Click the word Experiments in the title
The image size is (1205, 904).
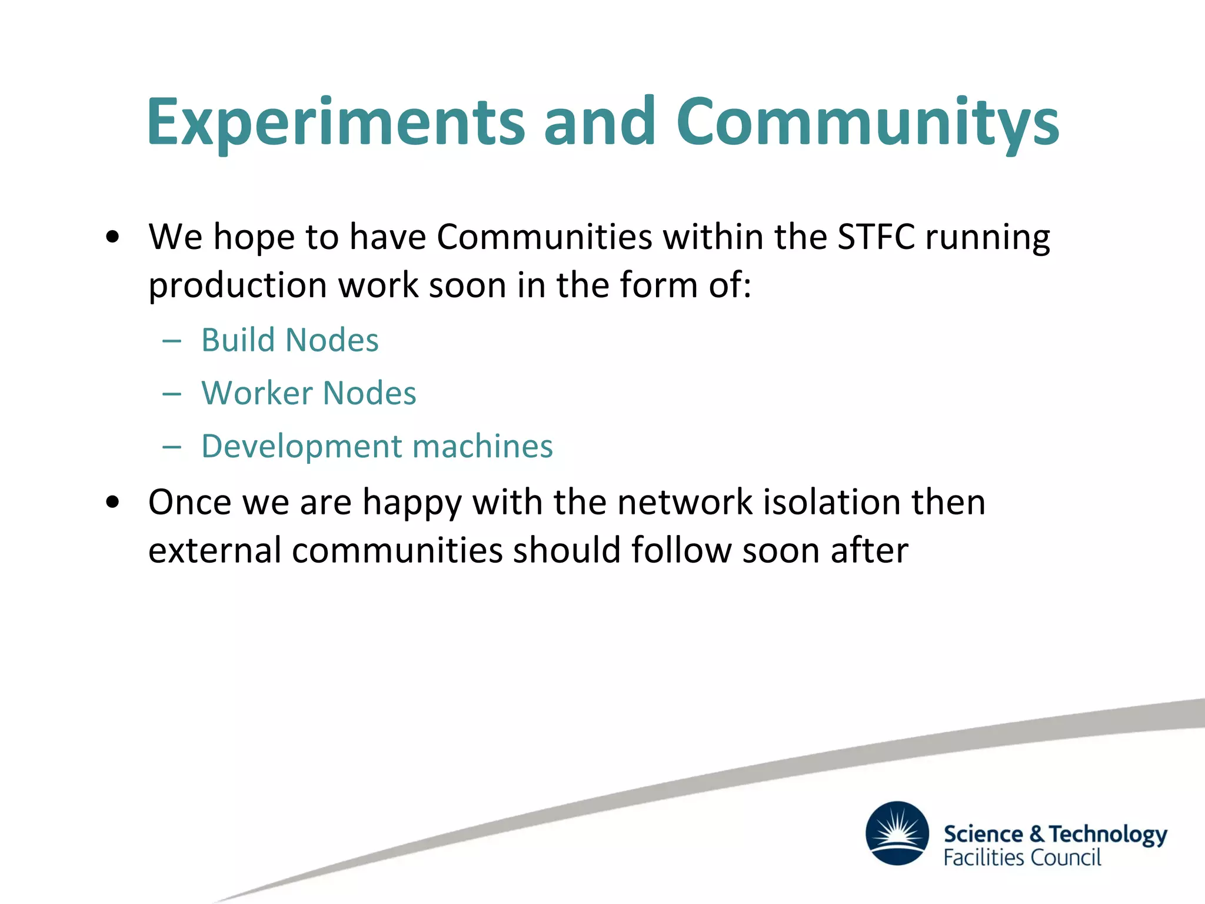[335, 122]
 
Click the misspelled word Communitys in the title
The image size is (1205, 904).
[867, 122]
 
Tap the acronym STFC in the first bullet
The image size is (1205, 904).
[876, 237]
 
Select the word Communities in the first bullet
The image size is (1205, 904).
[544, 237]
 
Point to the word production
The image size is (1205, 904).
[237, 285]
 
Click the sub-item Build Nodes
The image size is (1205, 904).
[289, 340]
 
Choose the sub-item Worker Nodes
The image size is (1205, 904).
[308, 393]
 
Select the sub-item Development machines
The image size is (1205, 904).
[377, 446]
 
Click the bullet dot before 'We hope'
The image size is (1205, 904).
[112, 238]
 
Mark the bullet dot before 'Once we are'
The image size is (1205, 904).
[112, 503]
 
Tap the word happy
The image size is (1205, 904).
[411, 504]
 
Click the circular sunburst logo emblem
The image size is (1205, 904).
[897, 833]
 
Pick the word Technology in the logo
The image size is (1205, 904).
[1108, 835]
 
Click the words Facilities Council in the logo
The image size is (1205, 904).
[1022, 858]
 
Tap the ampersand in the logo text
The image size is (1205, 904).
[1037, 834]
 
